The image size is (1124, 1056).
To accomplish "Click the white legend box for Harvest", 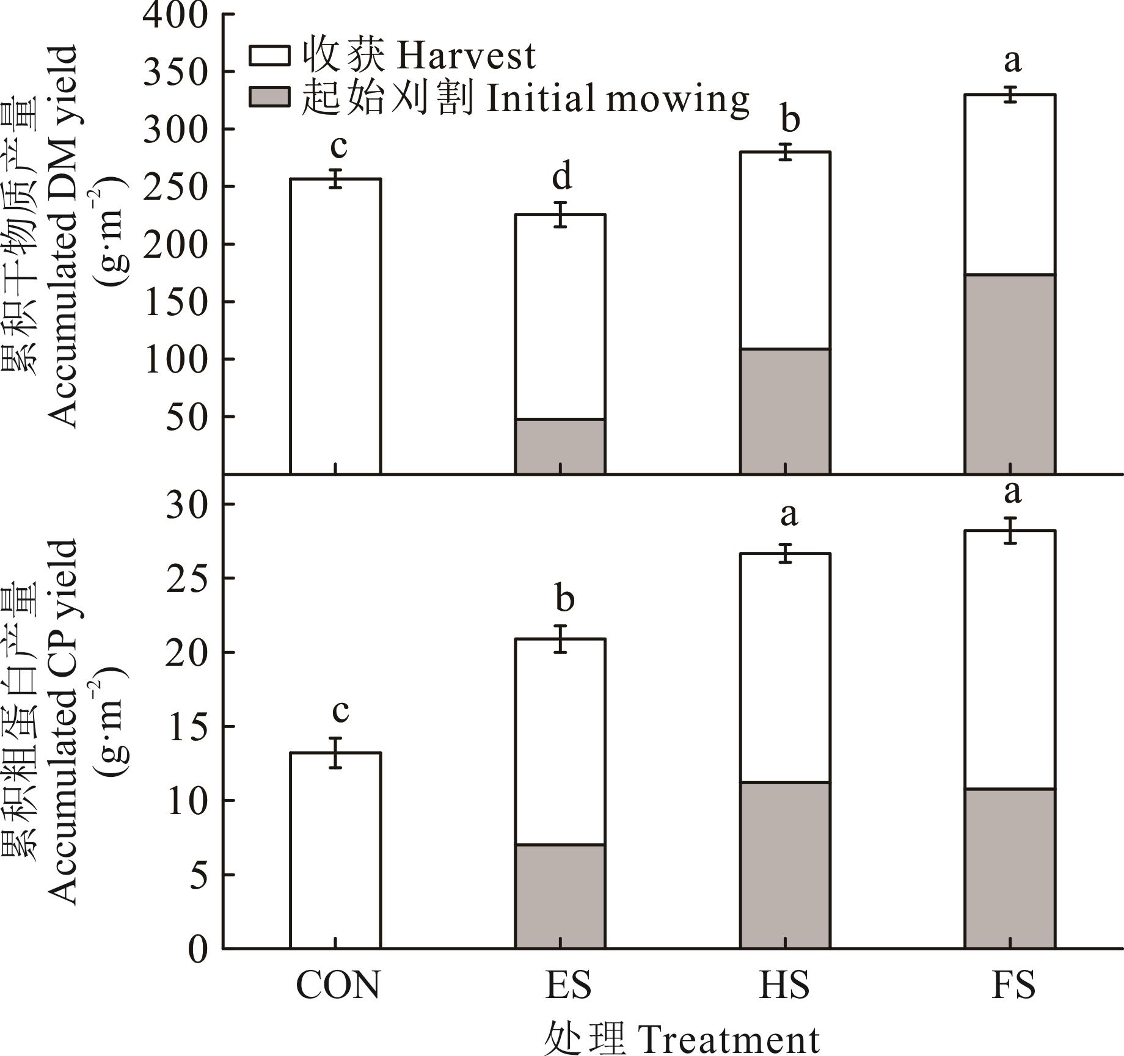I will tap(269, 56).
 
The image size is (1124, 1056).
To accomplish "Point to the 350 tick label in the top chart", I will tap(175, 72).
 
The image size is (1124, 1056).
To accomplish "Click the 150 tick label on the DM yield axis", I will tap(175, 302).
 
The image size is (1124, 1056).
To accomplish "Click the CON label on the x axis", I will tap(337, 985).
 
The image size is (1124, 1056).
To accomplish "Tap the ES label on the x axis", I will tap(568, 985).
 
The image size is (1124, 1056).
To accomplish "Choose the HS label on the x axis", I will tap(784, 985).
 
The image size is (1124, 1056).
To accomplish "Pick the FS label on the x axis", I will tap(1013, 985).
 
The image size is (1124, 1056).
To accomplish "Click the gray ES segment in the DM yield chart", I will tap(560, 446).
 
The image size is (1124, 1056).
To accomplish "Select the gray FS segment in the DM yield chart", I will tap(1010, 374).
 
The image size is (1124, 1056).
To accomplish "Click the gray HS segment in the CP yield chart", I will tap(785, 865).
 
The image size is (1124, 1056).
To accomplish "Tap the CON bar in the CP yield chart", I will tap(335, 850).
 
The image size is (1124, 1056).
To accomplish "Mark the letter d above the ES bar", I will tap(562, 177).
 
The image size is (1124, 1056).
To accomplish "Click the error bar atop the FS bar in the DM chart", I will tap(1011, 95).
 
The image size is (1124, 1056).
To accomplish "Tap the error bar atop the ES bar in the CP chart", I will tap(560, 639).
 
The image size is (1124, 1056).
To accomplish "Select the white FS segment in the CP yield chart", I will tap(1010, 660).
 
